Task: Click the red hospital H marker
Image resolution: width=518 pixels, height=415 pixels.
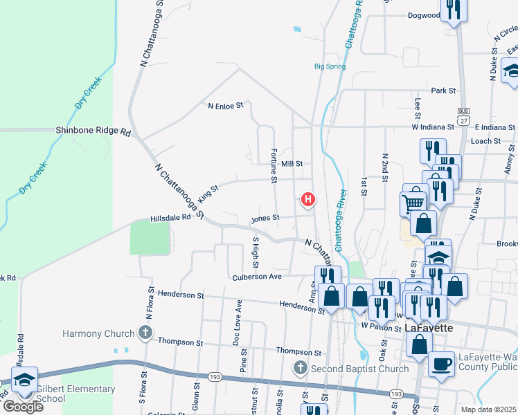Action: [x=308, y=201]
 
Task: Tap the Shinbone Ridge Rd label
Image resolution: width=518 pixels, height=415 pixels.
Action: [x=93, y=130]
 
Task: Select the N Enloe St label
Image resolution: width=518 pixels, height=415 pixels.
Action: [x=226, y=106]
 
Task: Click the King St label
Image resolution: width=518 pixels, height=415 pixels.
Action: [x=208, y=192]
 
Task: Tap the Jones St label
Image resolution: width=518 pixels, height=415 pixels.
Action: [x=265, y=218]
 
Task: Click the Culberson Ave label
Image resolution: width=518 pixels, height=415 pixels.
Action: [x=256, y=276]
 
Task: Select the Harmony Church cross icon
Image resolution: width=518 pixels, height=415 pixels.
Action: [x=145, y=333]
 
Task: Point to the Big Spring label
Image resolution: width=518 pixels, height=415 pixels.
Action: [x=330, y=66]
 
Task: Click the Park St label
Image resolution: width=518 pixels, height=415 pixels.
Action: [x=443, y=91]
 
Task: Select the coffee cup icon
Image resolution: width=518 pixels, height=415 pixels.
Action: [x=441, y=363]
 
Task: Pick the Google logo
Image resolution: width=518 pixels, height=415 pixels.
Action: [x=22, y=407]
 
